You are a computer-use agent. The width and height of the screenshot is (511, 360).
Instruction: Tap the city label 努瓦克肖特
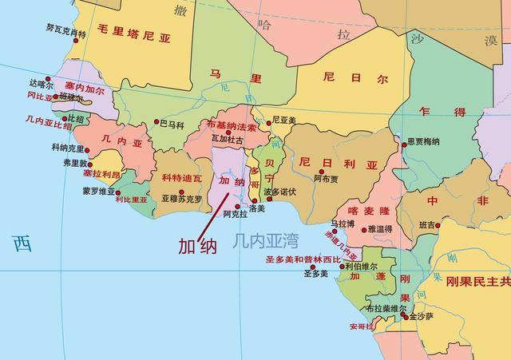pyautogui.click(x=65, y=34)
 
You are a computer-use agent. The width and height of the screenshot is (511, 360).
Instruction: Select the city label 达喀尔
pyautogui.click(x=41, y=83)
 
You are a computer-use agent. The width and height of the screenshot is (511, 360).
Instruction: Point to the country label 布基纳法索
pyautogui.click(x=231, y=127)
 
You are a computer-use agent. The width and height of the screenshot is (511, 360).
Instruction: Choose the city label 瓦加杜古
pyautogui.click(x=227, y=139)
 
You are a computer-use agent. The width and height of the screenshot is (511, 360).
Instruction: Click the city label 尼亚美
pyautogui.click(x=284, y=121)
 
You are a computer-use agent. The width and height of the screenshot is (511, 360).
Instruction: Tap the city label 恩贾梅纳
pyautogui.click(x=423, y=141)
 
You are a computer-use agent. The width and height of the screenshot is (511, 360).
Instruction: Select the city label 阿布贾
pyautogui.click(x=327, y=179)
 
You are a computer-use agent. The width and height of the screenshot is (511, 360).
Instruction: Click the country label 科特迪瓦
pyautogui.click(x=182, y=178)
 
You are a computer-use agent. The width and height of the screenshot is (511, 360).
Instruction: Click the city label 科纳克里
pyautogui.click(x=69, y=148)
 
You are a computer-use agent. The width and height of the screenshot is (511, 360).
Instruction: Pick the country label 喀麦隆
pyautogui.click(x=367, y=211)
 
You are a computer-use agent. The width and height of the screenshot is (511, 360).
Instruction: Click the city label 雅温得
pyautogui.click(x=380, y=228)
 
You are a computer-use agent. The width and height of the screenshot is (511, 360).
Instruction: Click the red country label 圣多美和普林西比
pyautogui.click(x=303, y=260)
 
